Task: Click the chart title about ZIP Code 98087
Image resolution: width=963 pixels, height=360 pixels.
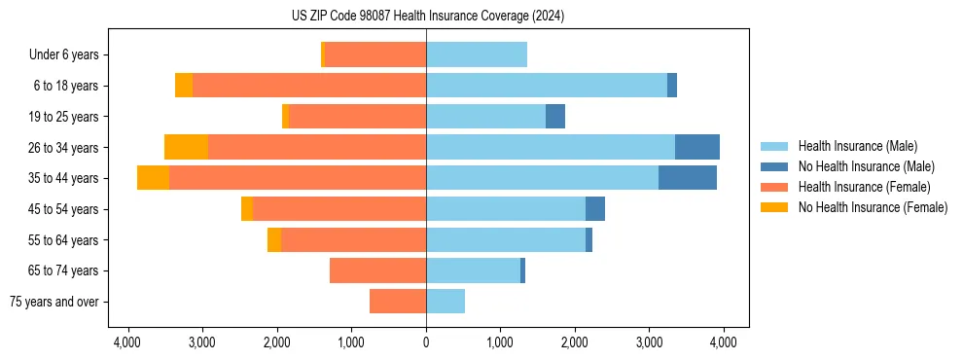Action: (427, 16)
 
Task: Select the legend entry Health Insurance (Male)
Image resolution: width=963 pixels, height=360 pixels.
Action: (857, 146)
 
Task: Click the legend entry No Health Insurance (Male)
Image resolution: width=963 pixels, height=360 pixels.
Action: (866, 166)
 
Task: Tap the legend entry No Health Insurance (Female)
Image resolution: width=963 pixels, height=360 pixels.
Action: (873, 207)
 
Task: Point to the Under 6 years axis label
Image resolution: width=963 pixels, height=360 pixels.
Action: (69, 55)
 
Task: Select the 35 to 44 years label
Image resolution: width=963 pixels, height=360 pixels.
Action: (65, 178)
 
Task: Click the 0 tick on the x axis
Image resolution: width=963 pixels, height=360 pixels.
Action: (426, 342)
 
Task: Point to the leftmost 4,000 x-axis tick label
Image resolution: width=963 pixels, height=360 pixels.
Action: (128, 342)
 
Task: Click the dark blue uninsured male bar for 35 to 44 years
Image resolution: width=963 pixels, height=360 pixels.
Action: (688, 178)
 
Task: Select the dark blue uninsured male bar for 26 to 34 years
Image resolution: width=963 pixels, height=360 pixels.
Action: (697, 147)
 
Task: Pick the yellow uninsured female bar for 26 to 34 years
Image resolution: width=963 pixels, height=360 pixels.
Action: (186, 147)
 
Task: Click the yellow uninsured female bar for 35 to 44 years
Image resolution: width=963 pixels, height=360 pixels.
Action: (153, 178)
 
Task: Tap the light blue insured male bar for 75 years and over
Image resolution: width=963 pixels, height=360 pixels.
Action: (446, 302)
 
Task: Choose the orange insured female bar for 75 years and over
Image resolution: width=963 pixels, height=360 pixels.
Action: (398, 302)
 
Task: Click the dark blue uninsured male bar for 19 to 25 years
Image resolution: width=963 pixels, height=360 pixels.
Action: (555, 117)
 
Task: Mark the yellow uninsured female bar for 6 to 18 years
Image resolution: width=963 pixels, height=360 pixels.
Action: (184, 86)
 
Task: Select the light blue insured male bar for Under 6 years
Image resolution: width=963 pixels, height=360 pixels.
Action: (477, 55)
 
